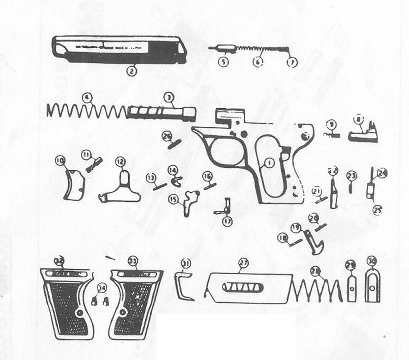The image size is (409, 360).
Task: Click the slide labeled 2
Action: tap(119, 49)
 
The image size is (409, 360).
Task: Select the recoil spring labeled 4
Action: tap(86, 111)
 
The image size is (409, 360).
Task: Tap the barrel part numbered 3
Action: tap(162, 113)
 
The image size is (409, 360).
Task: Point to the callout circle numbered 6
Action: tap(257, 62)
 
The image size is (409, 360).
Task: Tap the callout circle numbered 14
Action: tap(173, 170)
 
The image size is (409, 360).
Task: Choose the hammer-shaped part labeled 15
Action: tap(190, 201)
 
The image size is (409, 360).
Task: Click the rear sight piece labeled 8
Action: tap(363, 134)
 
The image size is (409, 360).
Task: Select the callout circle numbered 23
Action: tap(351, 176)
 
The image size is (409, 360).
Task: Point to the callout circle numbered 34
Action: tap(102, 288)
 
